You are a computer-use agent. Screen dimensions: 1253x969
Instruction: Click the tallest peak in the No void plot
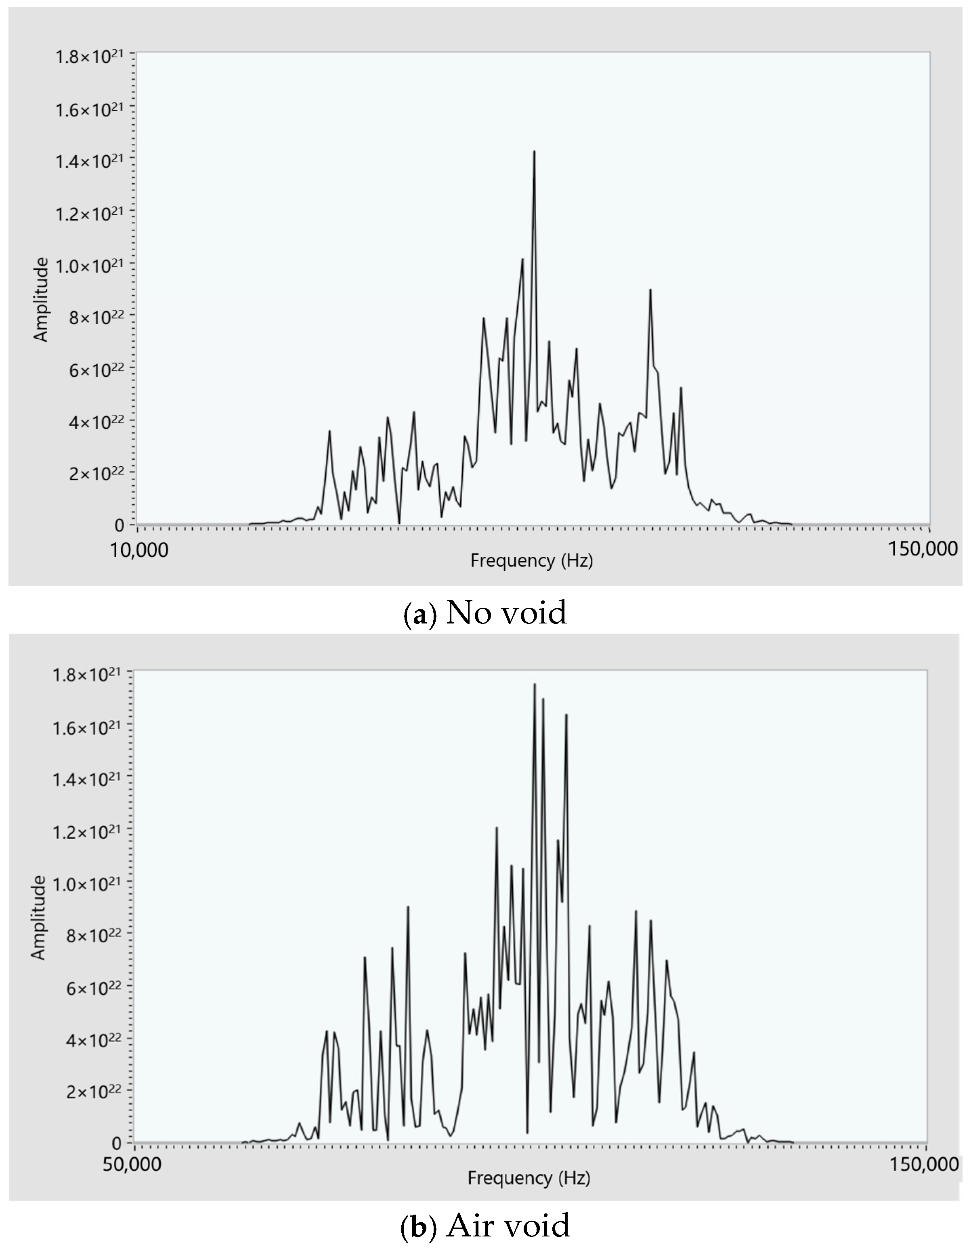pyautogui.click(x=534, y=153)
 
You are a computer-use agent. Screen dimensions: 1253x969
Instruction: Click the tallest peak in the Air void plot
pyautogui.click(x=534, y=684)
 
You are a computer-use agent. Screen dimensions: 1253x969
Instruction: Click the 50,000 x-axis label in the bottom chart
pyautogui.click(x=132, y=1165)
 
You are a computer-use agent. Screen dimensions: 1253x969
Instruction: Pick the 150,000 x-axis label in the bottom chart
pyautogui.click(x=924, y=1165)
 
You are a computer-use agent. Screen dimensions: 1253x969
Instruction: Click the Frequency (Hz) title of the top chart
pyautogui.click(x=532, y=560)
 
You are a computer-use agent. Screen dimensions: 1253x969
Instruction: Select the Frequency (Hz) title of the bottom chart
pyautogui.click(x=529, y=1178)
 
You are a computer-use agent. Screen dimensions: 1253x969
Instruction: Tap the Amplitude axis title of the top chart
pyautogui.click(x=41, y=300)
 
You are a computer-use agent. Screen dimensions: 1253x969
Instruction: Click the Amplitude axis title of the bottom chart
pyautogui.click(x=38, y=917)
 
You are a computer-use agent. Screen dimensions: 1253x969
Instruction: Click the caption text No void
pyautogui.click(x=506, y=612)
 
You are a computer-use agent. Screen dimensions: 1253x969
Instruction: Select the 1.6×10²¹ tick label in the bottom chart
pyautogui.click(x=87, y=728)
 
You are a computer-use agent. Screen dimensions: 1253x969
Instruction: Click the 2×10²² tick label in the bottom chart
pyautogui.click(x=94, y=1091)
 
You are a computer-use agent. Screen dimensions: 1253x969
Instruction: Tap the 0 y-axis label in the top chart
pyautogui.click(x=120, y=525)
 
